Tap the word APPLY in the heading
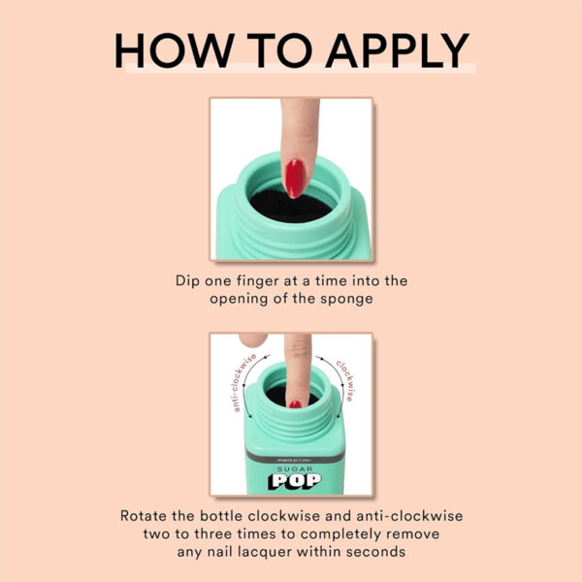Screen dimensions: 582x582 pyautogui.click(x=398, y=50)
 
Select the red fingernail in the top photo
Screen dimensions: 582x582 pyautogui.click(x=296, y=178)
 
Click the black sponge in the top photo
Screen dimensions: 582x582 pyautogui.click(x=291, y=207)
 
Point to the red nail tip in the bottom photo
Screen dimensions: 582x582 pyautogui.click(x=296, y=404)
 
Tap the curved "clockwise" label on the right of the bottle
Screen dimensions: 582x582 pyautogui.click(x=345, y=379)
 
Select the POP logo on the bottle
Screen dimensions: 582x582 pyautogui.click(x=295, y=481)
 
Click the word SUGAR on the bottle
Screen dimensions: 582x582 pyautogui.click(x=295, y=469)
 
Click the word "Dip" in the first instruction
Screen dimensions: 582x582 pyautogui.click(x=187, y=281)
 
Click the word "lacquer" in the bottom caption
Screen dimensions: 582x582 pyautogui.click(x=264, y=552)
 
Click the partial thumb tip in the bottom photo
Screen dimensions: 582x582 pyautogui.click(x=253, y=339)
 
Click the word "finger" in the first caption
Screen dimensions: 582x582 pyautogui.click(x=250, y=281)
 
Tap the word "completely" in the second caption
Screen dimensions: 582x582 pyautogui.click(x=340, y=534)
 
